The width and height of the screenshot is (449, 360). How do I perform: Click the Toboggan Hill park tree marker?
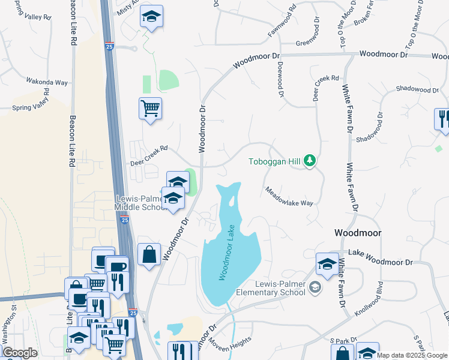(x=310, y=161)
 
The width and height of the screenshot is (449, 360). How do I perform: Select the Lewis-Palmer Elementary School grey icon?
(x=315, y=289)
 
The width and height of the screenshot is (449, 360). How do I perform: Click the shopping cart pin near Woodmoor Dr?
(x=150, y=109)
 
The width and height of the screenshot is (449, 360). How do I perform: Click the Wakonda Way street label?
(x=47, y=81)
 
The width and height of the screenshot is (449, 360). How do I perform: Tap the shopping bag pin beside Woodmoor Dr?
(x=149, y=254)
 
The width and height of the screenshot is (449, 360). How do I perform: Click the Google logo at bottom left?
(x=19, y=353)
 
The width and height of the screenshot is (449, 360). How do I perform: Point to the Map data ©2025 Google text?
(x=412, y=355)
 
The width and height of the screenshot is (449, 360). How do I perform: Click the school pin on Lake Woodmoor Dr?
(x=327, y=265)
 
